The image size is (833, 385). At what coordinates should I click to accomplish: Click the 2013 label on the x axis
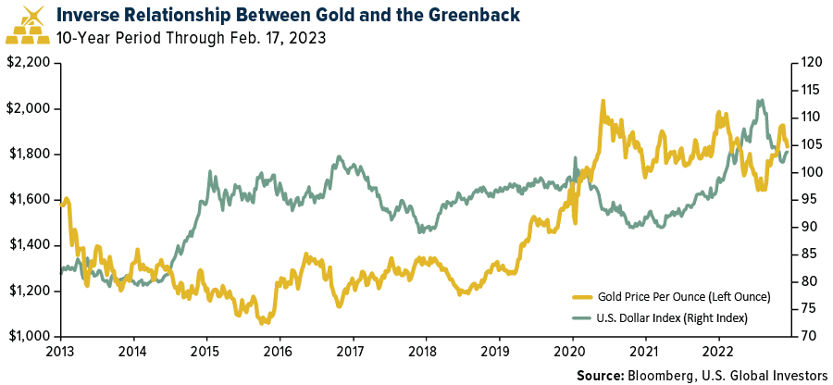tap(60, 352)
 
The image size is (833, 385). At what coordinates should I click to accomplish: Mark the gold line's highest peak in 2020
tap(603, 101)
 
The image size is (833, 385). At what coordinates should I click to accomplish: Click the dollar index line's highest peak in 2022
tap(760, 101)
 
